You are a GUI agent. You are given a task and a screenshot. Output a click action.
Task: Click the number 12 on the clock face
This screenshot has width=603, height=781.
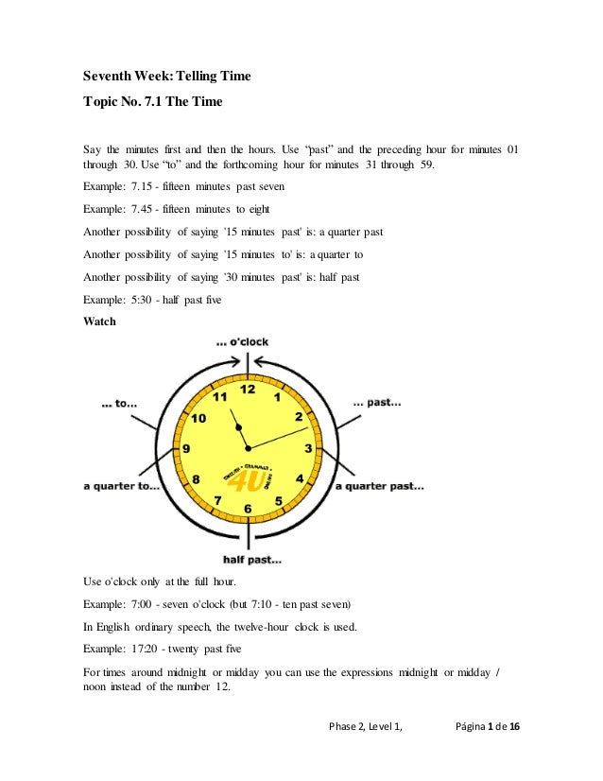point(248,389)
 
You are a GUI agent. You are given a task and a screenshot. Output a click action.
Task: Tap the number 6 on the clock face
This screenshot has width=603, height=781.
point(248,510)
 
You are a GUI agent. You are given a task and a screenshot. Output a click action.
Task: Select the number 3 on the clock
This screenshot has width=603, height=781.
point(308,448)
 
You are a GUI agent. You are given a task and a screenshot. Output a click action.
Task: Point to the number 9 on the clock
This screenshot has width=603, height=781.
point(187,449)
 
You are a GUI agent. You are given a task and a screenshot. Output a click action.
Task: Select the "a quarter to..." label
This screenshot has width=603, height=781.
point(122,486)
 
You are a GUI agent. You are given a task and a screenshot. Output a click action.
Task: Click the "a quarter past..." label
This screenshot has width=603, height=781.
point(380,486)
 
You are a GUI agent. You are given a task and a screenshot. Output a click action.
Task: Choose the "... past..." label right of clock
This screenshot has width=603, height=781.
point(377,403)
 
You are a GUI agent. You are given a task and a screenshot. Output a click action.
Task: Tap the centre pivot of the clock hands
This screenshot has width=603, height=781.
point(248,447)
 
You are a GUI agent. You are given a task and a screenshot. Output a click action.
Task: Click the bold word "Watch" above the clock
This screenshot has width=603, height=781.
point(100,321)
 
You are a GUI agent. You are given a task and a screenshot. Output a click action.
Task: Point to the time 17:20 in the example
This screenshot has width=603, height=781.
point(146,650)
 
